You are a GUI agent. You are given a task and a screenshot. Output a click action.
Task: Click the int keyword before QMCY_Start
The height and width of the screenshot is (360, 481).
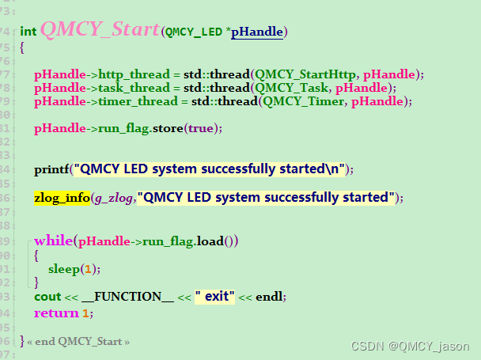(28, 32)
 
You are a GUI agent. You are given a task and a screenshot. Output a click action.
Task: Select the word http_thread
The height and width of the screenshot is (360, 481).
(133, 74)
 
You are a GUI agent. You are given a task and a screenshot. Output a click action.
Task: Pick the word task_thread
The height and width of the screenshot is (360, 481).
(131, 88)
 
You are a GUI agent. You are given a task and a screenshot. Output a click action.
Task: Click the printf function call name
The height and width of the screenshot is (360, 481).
(50, 169)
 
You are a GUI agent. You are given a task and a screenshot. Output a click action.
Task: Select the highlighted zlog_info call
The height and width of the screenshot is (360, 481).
(62, 198)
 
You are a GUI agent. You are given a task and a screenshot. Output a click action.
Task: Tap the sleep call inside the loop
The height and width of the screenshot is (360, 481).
(63, 269)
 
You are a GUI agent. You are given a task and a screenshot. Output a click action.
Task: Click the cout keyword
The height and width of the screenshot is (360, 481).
(46, 297)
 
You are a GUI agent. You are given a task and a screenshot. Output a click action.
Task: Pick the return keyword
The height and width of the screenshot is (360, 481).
(55, 313)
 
